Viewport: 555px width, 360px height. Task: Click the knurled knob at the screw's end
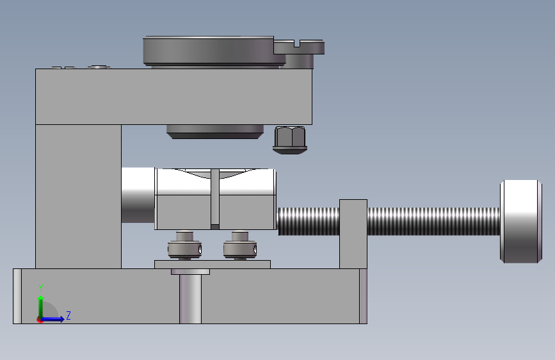pos(520,222)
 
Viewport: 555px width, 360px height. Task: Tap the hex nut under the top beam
pos(290,140)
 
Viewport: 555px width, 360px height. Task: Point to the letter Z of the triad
pos(68,315)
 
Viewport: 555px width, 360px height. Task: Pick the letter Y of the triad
pos(41,288)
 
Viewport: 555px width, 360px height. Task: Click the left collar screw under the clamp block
pos(185,245)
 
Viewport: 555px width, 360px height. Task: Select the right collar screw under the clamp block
pos(240,245)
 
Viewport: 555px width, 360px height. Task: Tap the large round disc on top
pos(209,51)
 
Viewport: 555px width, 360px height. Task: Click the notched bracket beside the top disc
pos(300,53)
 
